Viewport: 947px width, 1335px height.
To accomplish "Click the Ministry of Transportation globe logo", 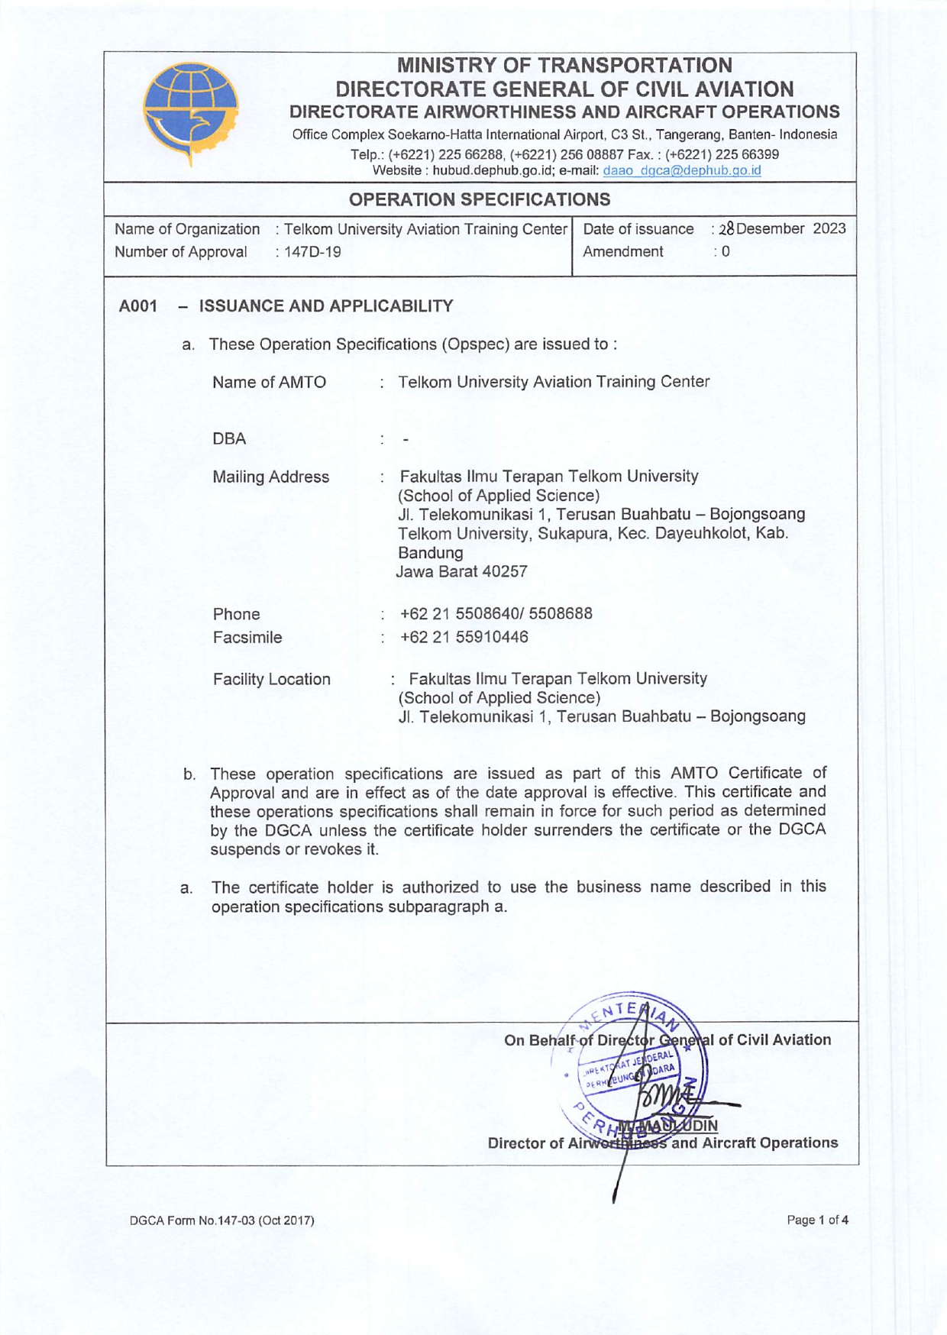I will click(192, 112).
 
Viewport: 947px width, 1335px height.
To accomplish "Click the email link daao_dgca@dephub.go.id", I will click(681, 171).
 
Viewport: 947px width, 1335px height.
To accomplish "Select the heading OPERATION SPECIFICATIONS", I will click(480, 200).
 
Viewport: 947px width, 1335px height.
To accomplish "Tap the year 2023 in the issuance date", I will click(829, 229).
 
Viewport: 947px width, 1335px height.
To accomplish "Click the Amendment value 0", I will click(726, 252).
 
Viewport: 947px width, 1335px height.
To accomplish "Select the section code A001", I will click(138, 306).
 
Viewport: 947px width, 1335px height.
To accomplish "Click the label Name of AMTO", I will click(269, 382).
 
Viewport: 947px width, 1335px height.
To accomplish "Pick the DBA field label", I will click(229, 439).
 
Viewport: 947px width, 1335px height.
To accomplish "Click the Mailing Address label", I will click(270, 477).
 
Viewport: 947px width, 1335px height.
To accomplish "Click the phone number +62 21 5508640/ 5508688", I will click(496, 614).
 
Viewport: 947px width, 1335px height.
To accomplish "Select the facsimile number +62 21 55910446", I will click(464, 637).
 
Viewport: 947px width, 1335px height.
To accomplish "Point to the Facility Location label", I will click(271, 679).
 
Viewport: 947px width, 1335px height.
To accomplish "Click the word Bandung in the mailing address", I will click(431, 552).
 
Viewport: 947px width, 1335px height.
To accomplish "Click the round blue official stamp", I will click(640, 1069).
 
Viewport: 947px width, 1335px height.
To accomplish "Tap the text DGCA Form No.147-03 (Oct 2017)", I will click(221, 1220).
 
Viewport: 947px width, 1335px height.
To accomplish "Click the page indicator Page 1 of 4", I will click(817, 1220).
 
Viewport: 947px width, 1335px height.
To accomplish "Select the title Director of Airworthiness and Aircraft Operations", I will click(663, 1143).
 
